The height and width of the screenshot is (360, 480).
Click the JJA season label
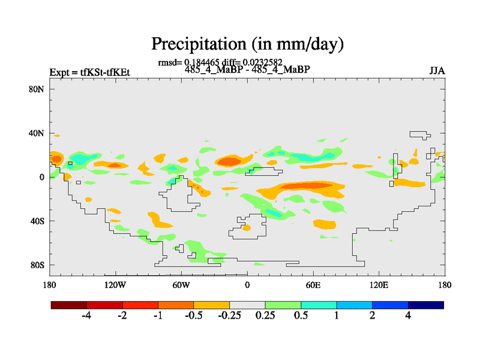tap(437, 71)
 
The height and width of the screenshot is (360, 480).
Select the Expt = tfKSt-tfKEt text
tap(90, 73)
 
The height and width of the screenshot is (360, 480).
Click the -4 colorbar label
tap(86, 316)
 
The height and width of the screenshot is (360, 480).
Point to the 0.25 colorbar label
tap(264, 316)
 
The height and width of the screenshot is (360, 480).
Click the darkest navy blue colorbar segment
tap(425, 305)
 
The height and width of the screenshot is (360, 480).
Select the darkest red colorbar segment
tap(69, 305)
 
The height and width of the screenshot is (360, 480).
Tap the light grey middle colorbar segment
tap(247, 305)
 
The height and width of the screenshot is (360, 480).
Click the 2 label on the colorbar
tap(372, 316)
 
